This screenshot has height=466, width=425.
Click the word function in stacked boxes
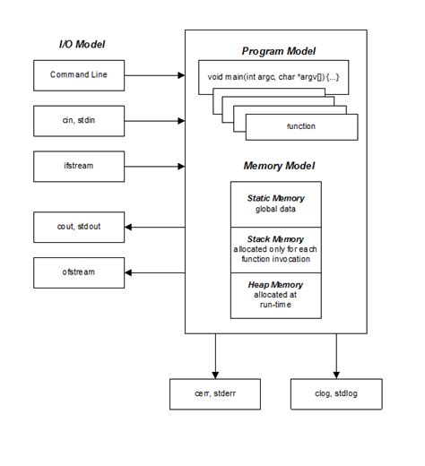[x=300, y=126]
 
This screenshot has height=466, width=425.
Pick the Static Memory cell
[x=274, y=203]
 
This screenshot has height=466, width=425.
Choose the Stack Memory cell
[x=274, y=251]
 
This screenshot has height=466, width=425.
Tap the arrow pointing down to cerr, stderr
[x=215, y=354]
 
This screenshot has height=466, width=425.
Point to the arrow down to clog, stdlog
[x=336, y=354]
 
